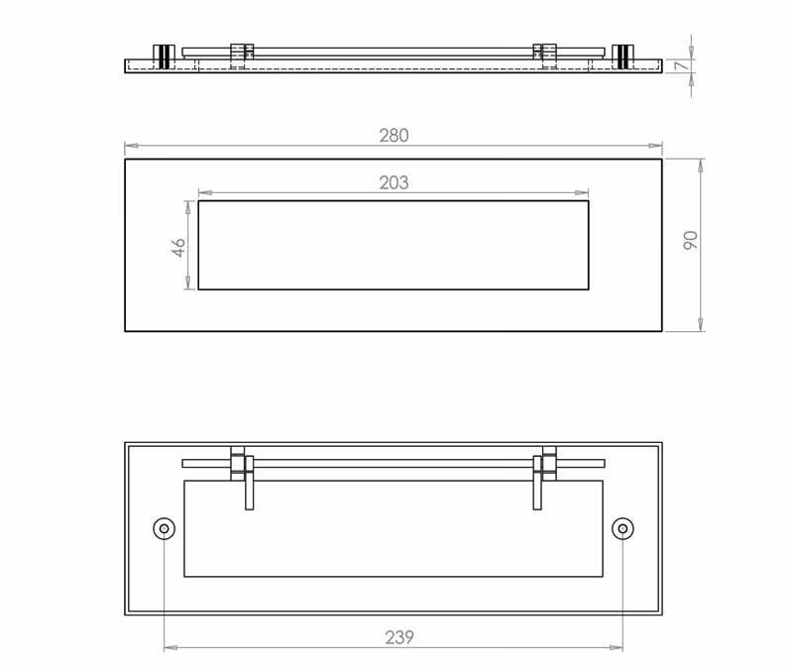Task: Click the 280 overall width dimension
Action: click(x=394, y=136)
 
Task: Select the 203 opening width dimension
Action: click(x=394, y=182)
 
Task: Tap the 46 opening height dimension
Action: click(x=178, y=248)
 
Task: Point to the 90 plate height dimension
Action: click(x=690, y=240)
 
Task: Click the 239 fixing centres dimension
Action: click(x=399, y=637)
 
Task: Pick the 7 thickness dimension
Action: click(x=683, y=65)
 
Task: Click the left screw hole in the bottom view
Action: click(x=164, y=528)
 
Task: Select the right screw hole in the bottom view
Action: click(x=623, y=528)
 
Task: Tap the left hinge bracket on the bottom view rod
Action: click(x=238, y=463)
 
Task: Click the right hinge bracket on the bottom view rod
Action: click(x=549, y=463)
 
